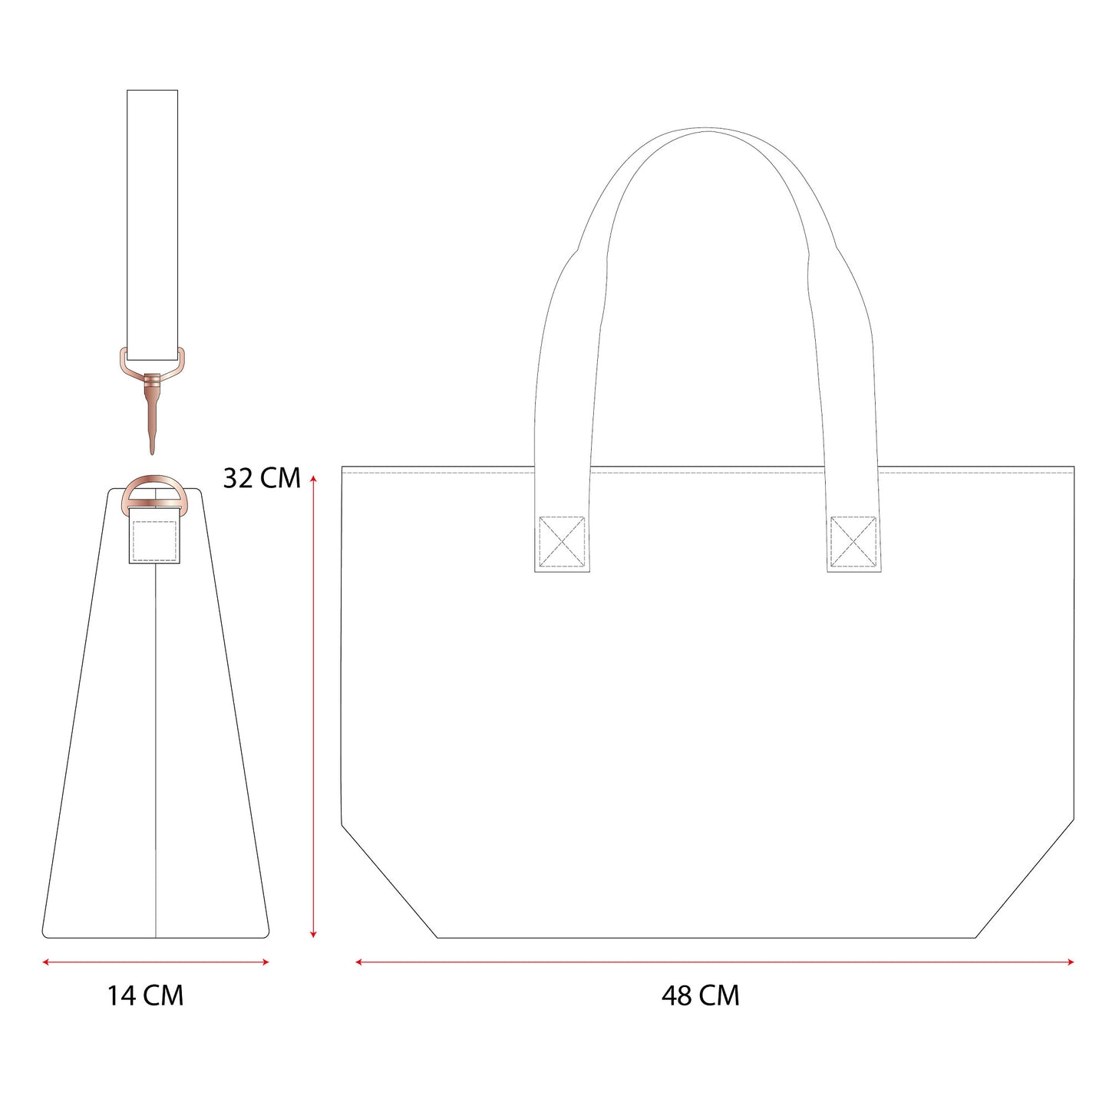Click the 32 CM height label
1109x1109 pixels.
[262, 477]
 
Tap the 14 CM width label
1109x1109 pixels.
[145, 995]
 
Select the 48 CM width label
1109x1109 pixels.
[700, 995]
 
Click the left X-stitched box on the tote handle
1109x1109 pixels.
[562, 541]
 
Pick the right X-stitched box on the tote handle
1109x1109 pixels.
[853, 541]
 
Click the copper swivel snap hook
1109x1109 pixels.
[153, 399]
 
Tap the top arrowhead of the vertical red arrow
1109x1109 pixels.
[313, 479]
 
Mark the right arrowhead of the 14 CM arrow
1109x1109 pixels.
[266, 962]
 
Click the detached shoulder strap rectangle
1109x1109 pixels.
[152, 223]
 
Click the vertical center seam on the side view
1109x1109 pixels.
[156, 752]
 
